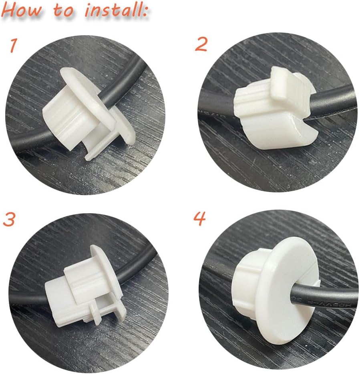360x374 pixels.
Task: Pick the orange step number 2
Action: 201,45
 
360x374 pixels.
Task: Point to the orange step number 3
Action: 9,220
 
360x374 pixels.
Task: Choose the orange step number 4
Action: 200,218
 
